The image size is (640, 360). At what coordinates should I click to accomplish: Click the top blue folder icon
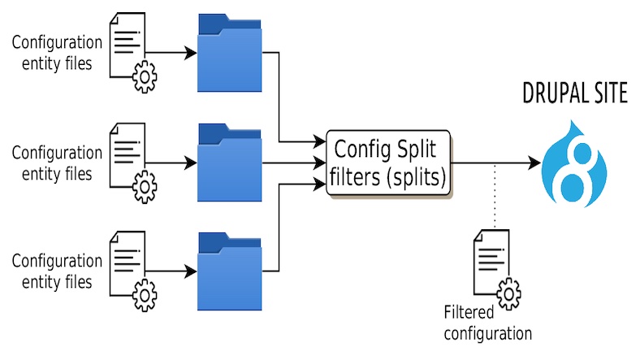pyautogui.click(x=230, y=54)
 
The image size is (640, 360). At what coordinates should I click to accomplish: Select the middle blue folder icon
pyautogui.click(x=230, y=163)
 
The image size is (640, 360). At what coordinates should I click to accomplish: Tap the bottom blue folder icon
pyautogui.click(x=230, y=272)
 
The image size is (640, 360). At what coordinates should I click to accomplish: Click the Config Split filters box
pyautogui.click(x=388, y=163)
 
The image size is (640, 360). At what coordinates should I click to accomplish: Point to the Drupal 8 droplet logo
pyautogui.click(x=577, y=162)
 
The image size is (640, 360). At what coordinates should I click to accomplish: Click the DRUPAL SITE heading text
pyautogui.click(x=575, y=94)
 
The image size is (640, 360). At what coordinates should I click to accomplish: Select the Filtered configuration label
pyautogui.click(x=487, y=323)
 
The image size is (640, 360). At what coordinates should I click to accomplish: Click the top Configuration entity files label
pyautogui.click(x=57, y=53)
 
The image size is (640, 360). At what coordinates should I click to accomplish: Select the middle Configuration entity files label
pyautogui.click(x=57, y=163)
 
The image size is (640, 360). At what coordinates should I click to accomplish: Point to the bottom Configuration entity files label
pyautogui.click(x=57, y=271)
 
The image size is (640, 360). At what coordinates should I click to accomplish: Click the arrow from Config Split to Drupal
pyautogui.click(x=495, y=163)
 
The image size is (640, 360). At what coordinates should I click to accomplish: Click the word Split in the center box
pyautogui.click(x=418, y=150)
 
